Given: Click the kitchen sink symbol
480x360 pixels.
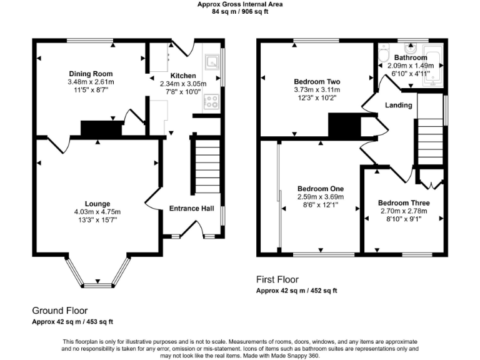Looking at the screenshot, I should tap(212, 61).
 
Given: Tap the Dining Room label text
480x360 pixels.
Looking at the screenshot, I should tap(91, 74).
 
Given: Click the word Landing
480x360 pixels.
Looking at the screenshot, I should tap(398, 105).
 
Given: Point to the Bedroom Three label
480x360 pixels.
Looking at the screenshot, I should tap(404, 203).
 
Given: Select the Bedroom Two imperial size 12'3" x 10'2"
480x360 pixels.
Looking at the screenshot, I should tap(317, 97).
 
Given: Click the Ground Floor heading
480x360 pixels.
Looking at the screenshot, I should tap(60, 310).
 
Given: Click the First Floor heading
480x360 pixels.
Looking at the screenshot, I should tap(277, 279).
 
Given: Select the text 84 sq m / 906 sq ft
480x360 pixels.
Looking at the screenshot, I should tap(239, 11).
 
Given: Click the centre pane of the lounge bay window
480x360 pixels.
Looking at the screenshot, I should tap(97, 285).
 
